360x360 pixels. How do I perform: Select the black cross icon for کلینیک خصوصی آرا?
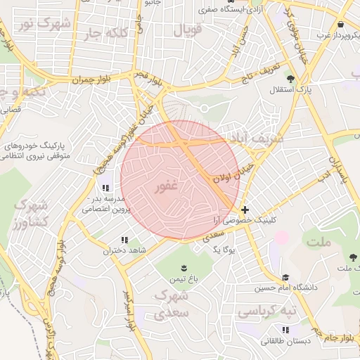click(x=245, y=210)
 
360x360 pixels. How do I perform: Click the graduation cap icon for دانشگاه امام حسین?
click(x=285, y=278)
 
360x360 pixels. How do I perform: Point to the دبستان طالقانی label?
click(x=283, y=341)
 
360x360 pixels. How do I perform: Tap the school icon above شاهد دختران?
click(x=124, y=240)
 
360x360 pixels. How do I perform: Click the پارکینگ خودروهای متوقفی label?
click(x=39, y=150)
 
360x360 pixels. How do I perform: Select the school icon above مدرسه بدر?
click(x=105, y=188)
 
